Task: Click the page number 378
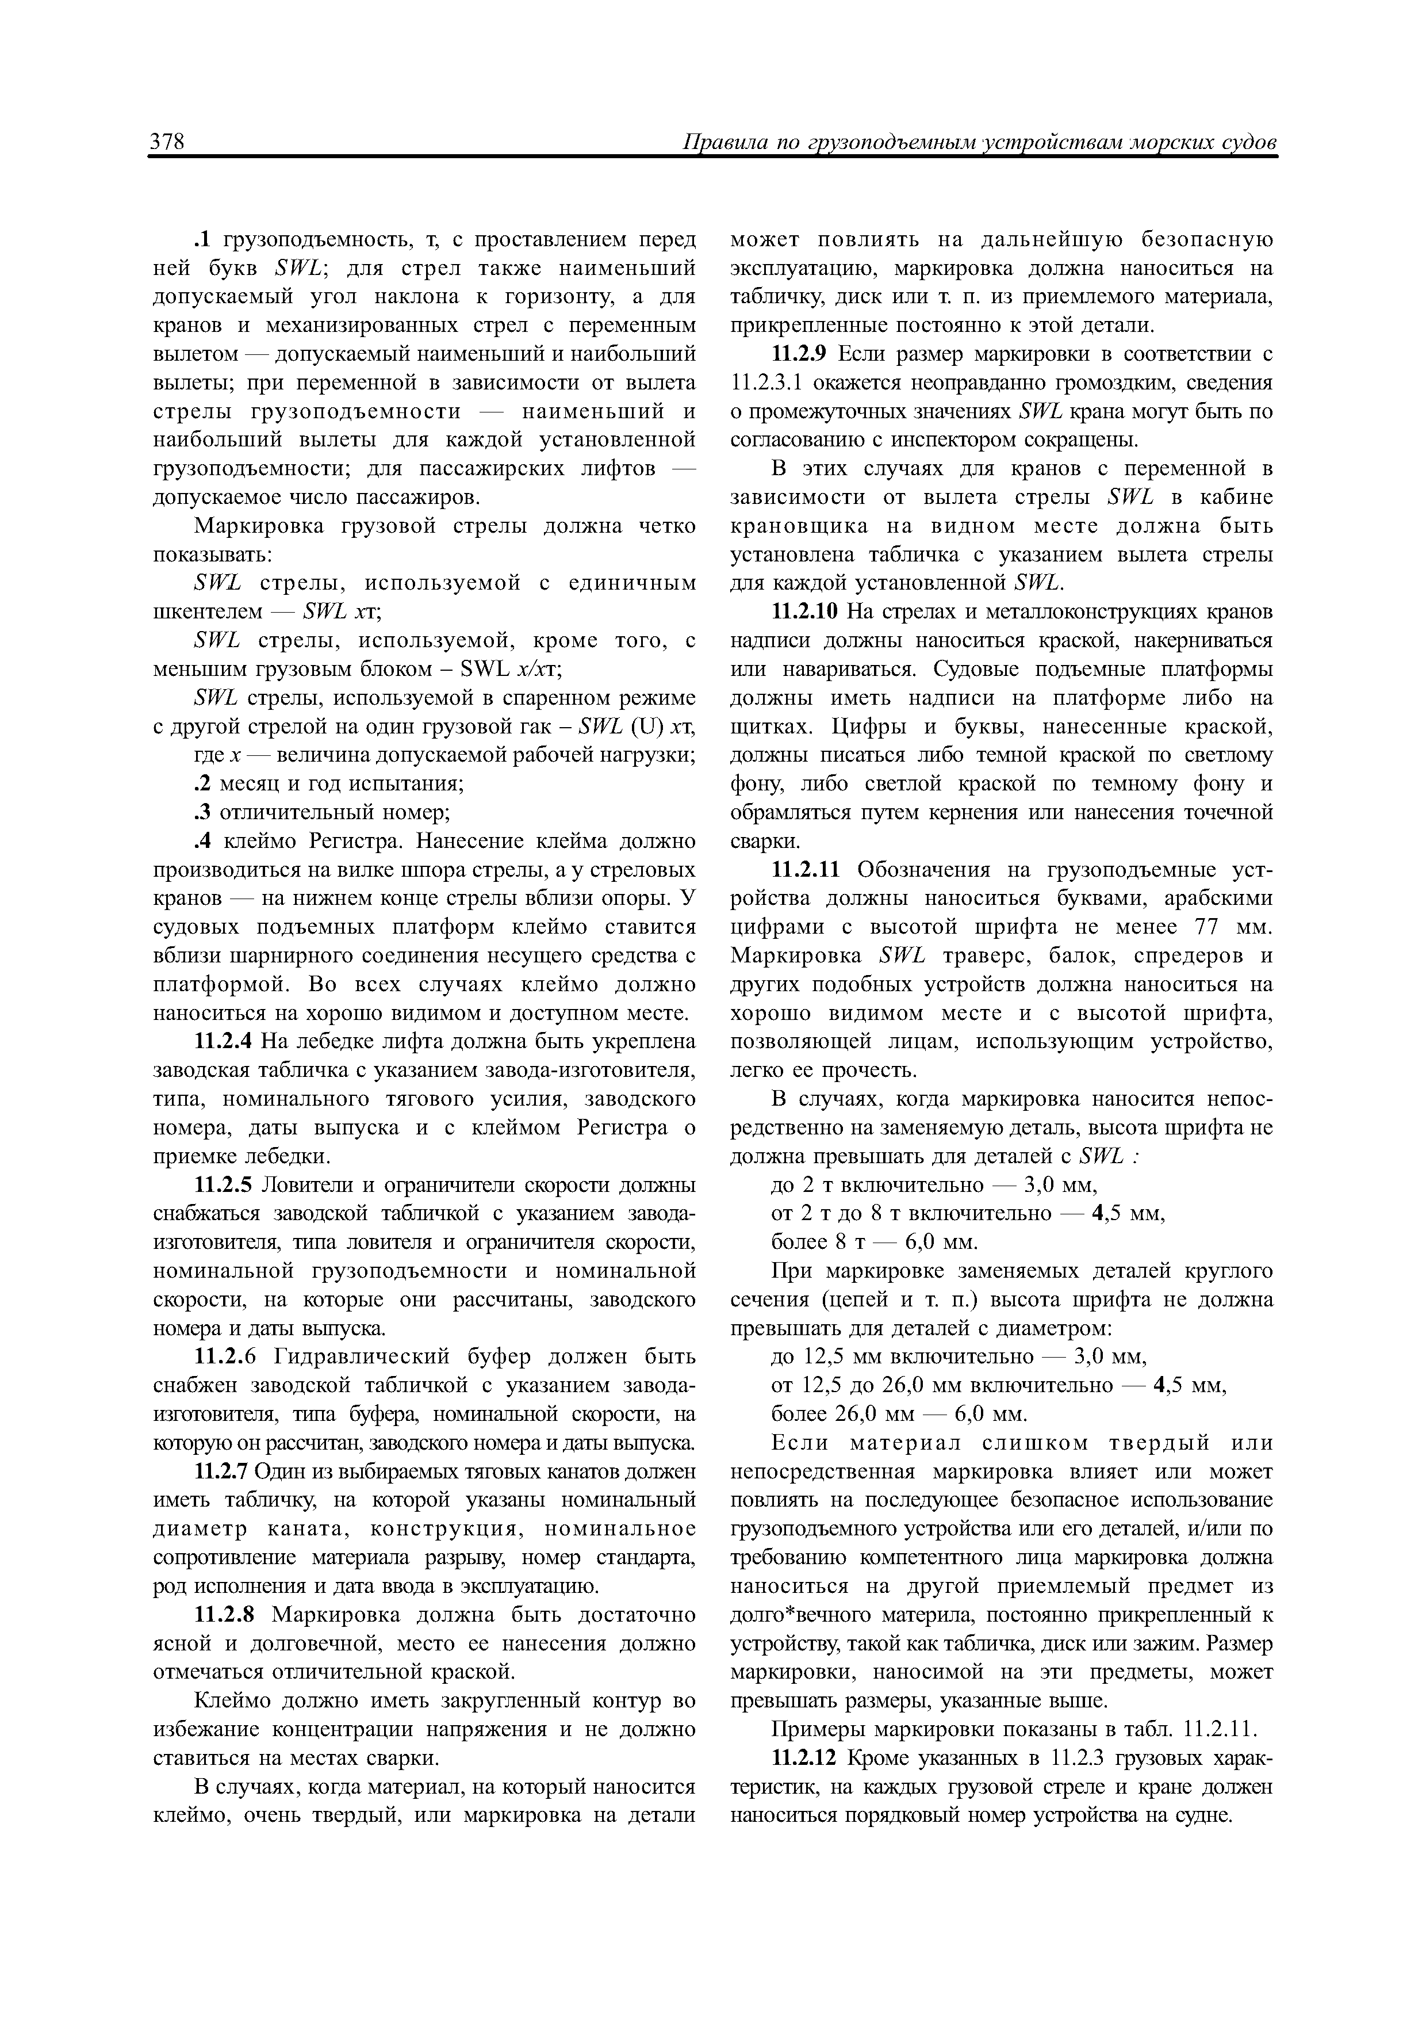click(x=166, y=143)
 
